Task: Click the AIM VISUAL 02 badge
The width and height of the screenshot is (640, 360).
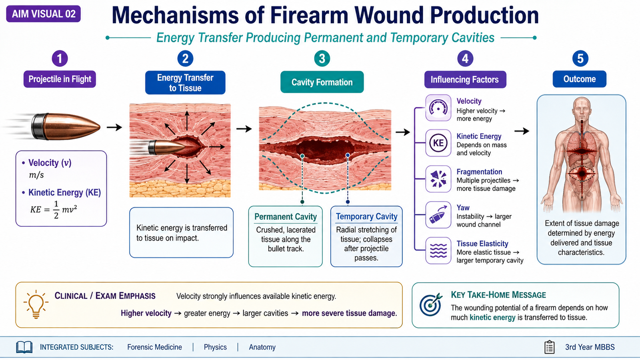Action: [x=44, y=14]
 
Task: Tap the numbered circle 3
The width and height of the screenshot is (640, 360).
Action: [x=322, y=58]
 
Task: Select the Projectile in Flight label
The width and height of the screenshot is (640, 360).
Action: [x=60, y=79]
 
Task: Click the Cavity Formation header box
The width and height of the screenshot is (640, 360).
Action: [x=322, y=82]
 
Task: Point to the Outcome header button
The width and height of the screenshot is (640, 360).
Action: [x=580, y=79]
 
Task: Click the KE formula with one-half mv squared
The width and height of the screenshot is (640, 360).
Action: [x=54, y=210]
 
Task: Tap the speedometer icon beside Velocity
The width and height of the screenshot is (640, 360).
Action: [x=438, y=108]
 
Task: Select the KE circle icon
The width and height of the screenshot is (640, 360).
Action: [x=438, y=143]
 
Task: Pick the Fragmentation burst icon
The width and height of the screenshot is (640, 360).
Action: [x=438, y=179]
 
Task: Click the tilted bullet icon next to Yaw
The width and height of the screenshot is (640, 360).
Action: [x=438, y=215]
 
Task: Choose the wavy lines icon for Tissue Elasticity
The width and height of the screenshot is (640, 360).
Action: [x=438, y=250]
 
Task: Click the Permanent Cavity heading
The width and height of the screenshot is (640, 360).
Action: [x=286, y=216]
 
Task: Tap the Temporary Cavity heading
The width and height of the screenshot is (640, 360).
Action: [x=366, y=216]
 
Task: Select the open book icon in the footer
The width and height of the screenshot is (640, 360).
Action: [x=24, y=347]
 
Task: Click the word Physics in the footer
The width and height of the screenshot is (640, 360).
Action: [x=215, y=347]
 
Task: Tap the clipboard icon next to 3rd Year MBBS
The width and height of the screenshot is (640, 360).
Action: [x=550, y=347]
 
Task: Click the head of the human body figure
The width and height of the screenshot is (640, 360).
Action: [x=582, y=107]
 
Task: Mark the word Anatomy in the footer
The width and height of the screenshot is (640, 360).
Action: [x=262, y=347]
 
